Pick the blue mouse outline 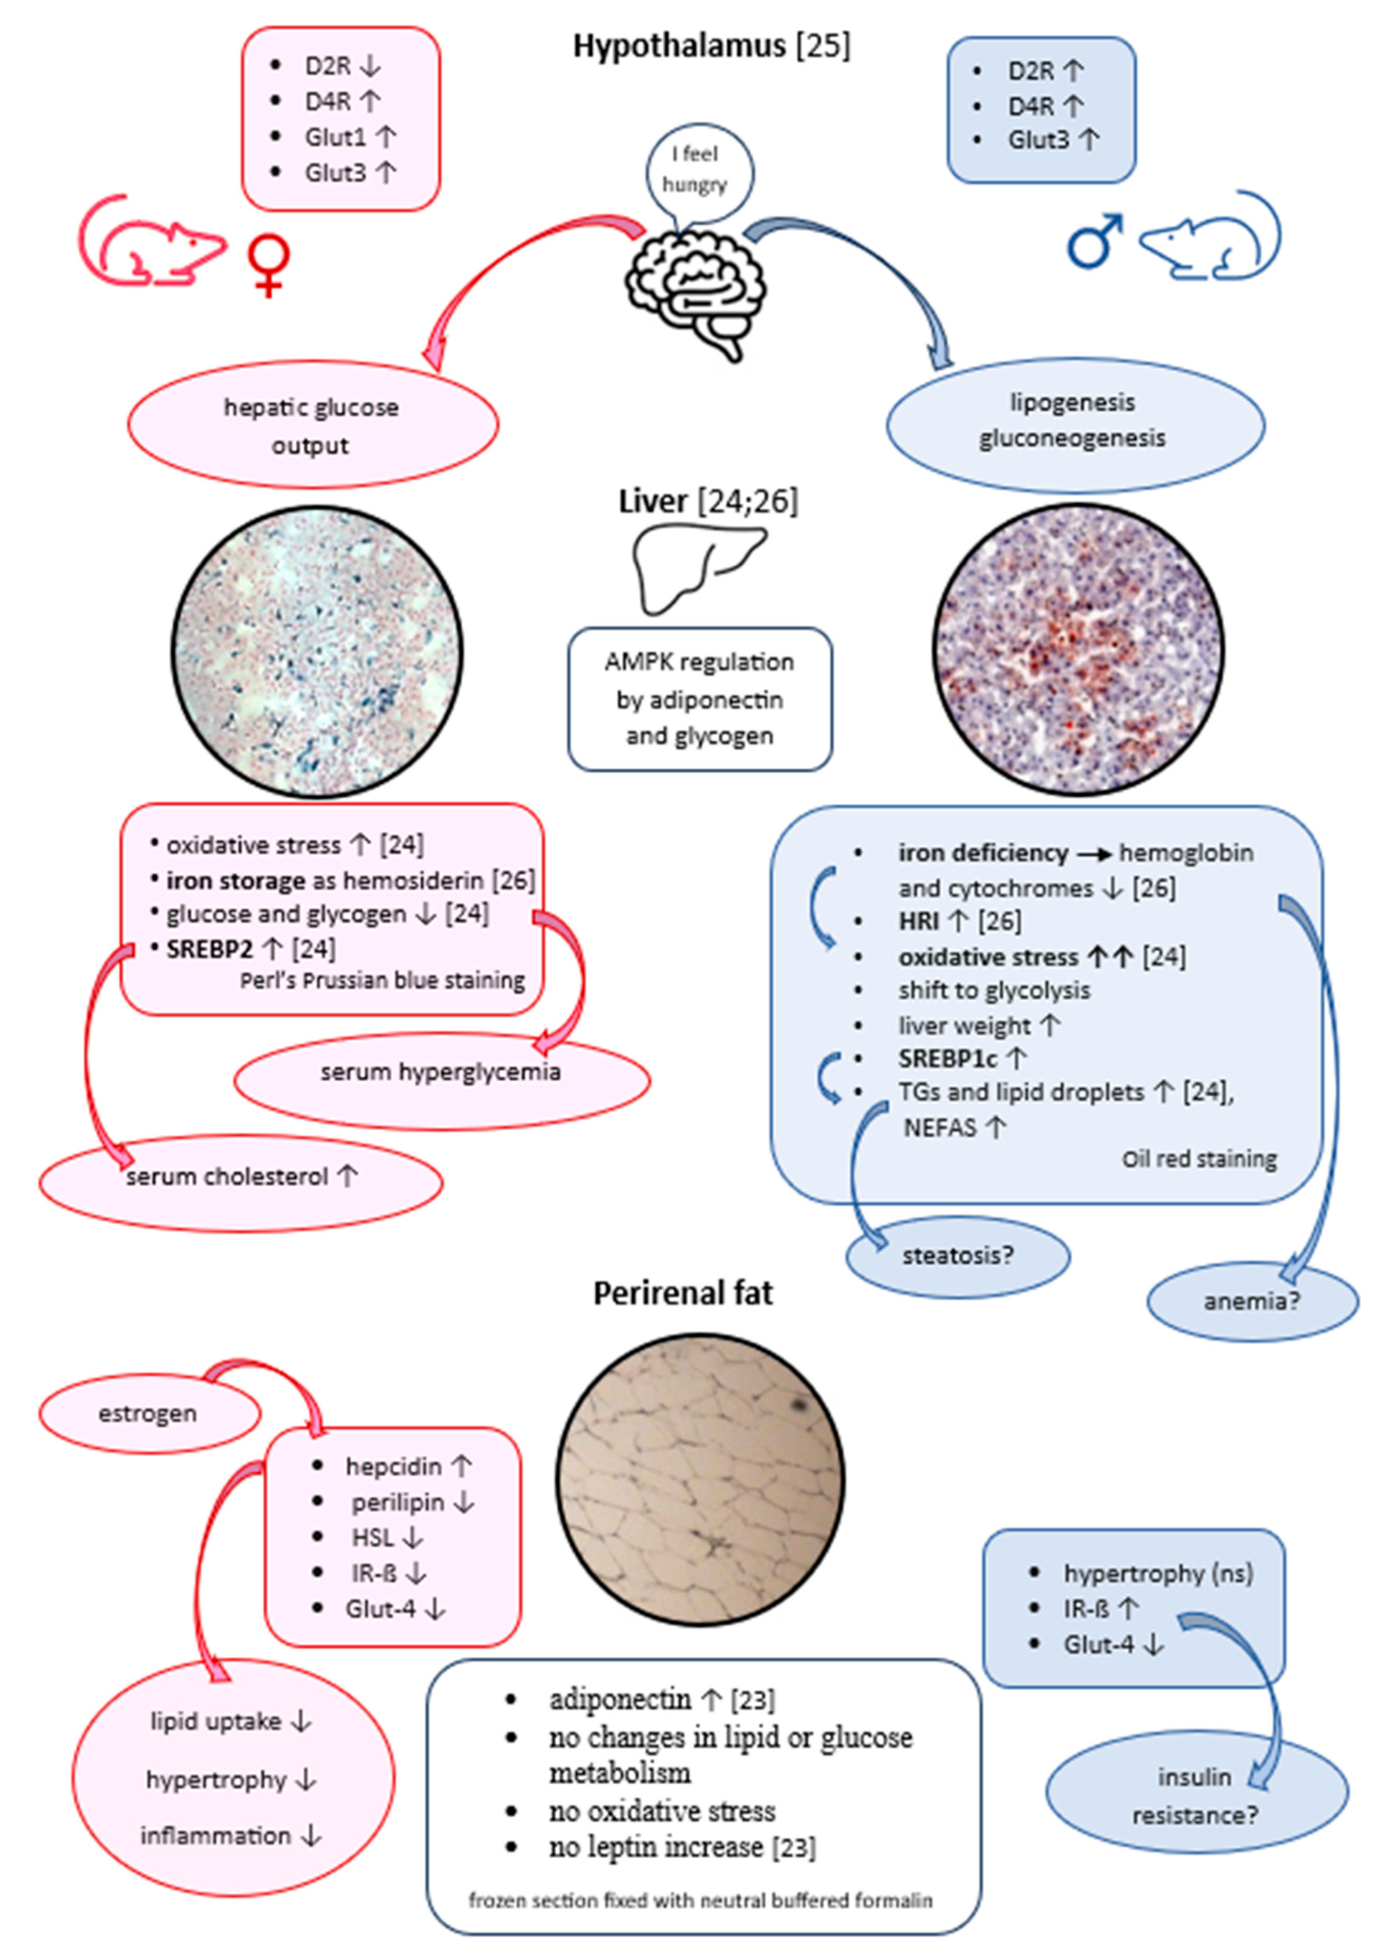[x=1212, y=239]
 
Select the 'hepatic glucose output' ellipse [x=312, y=425]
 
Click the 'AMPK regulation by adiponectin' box [x=700, y=699]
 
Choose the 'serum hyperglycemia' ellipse [x=441, y=1073]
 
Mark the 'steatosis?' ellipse [x=957, y=1256]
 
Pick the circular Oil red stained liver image [x=1078, y=650]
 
